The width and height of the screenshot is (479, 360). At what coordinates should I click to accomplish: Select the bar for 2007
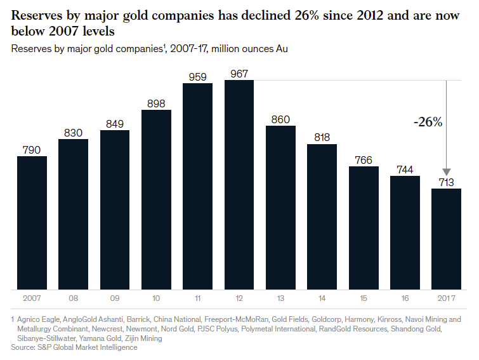pyautogui.click(x=32, y=223)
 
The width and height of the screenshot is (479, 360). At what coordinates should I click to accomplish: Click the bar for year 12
pyautogui.click(x=239, y=185)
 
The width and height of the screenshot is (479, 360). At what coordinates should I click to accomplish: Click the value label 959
pyautogui.click(x=197, y=77)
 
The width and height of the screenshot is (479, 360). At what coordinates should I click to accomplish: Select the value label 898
pyautogui.click(x=156, y=103)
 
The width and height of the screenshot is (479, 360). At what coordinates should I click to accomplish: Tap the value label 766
pyautogui.click(x=364, y=160)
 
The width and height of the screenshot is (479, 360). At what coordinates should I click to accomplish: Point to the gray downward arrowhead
pyautogui.click(x=446, y=172)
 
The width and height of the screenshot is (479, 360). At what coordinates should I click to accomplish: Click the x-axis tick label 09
pyautogui.click(x=115, y=298)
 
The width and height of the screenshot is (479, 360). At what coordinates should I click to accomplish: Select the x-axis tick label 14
pyautogui.click(x=322, y=298)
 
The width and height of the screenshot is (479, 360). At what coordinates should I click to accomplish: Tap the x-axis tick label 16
pyautogui.click(x=405, y=298)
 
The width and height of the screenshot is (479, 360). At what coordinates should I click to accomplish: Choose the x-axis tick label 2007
pyautogui.click(x=32, y=298)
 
